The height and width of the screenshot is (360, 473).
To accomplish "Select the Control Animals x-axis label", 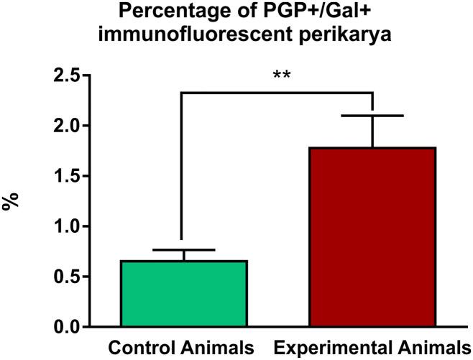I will tap(181, 349).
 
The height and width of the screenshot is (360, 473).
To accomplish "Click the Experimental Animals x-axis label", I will tap(372, 349).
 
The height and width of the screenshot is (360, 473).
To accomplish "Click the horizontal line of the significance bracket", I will tap(277, 92).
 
